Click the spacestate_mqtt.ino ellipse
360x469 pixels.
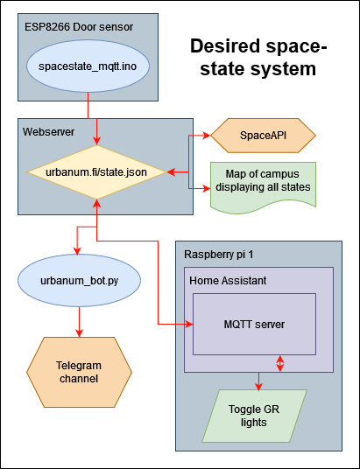pos(88,66)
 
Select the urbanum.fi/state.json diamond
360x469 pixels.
pos(95,171)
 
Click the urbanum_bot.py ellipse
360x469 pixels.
pos(80,280)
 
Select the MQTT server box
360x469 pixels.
pos(254,324)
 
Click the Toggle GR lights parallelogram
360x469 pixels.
pos(258,415)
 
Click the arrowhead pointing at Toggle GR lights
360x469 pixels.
pos(258,386)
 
